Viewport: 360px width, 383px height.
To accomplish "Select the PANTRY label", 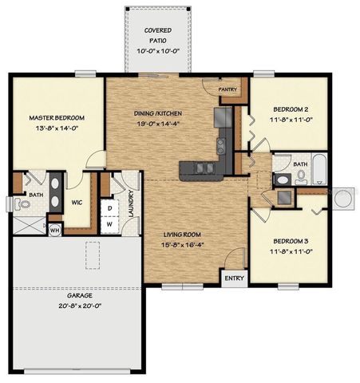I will coord(227,90).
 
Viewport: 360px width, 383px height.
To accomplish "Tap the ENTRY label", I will coord(234,278).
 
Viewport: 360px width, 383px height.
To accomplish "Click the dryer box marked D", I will coord(109,207).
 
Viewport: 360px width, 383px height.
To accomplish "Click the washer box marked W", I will coord(109,223).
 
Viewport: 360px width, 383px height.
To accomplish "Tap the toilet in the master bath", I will coord(23,205).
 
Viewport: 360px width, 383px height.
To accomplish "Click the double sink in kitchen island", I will coord(200,168).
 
